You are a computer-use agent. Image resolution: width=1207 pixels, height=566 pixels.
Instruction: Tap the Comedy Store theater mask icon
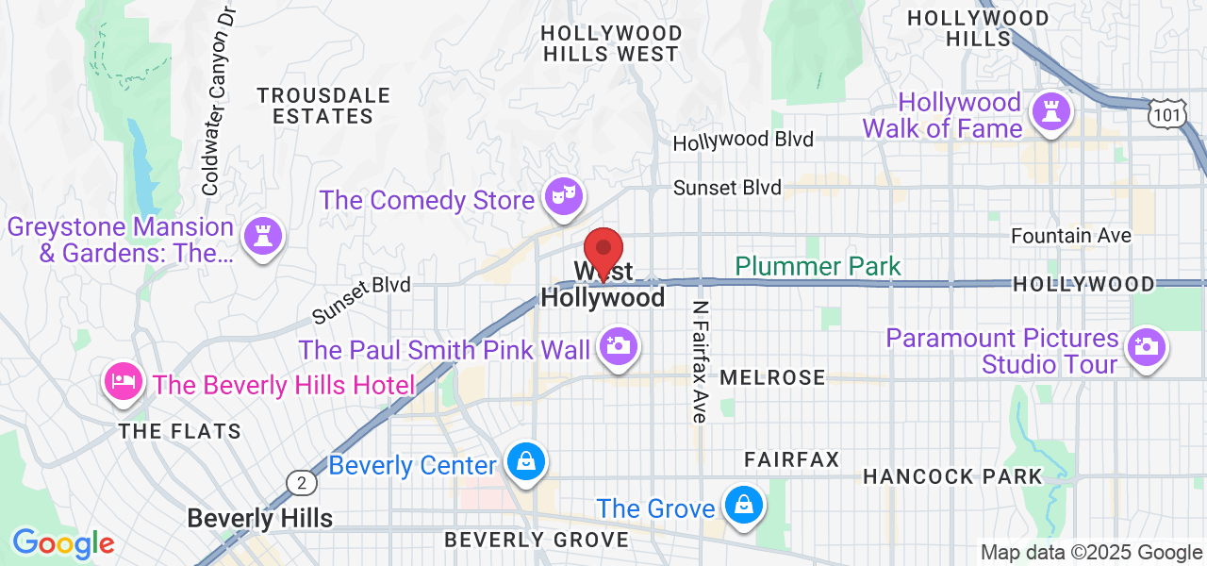[x=565, y=197]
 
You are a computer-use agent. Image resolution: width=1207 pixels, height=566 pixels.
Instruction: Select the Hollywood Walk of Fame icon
[x=1050, y=112]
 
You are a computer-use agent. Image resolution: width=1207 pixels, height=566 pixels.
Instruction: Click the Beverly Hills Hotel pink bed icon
[x=124, y=383]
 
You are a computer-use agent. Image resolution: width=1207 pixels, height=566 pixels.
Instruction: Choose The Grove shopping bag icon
[x=743, y=507]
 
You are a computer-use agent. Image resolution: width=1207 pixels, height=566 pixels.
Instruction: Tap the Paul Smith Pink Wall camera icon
[x=618, y=346]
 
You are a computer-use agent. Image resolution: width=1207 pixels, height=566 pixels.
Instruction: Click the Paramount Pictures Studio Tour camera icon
[x=1146, y=346]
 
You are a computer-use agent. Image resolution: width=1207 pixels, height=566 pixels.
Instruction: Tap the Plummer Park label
[x=818, y=267]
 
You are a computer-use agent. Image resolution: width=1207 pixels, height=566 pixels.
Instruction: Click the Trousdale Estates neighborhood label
[x=323, y=106]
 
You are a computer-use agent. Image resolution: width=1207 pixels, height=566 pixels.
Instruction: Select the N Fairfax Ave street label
[x=700, y=362]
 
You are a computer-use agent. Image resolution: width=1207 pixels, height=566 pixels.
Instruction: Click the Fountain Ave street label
[x=1070, y=236]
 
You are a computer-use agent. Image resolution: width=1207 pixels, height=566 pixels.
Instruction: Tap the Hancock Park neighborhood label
[x=952, y=476]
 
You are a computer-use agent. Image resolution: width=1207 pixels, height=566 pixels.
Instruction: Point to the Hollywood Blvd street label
[x=742, y=141]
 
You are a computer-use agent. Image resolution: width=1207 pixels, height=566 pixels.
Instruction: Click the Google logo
[x=62, y=544]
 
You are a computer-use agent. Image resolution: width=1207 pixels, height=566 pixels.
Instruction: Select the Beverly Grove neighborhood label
[x=536, y=540]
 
